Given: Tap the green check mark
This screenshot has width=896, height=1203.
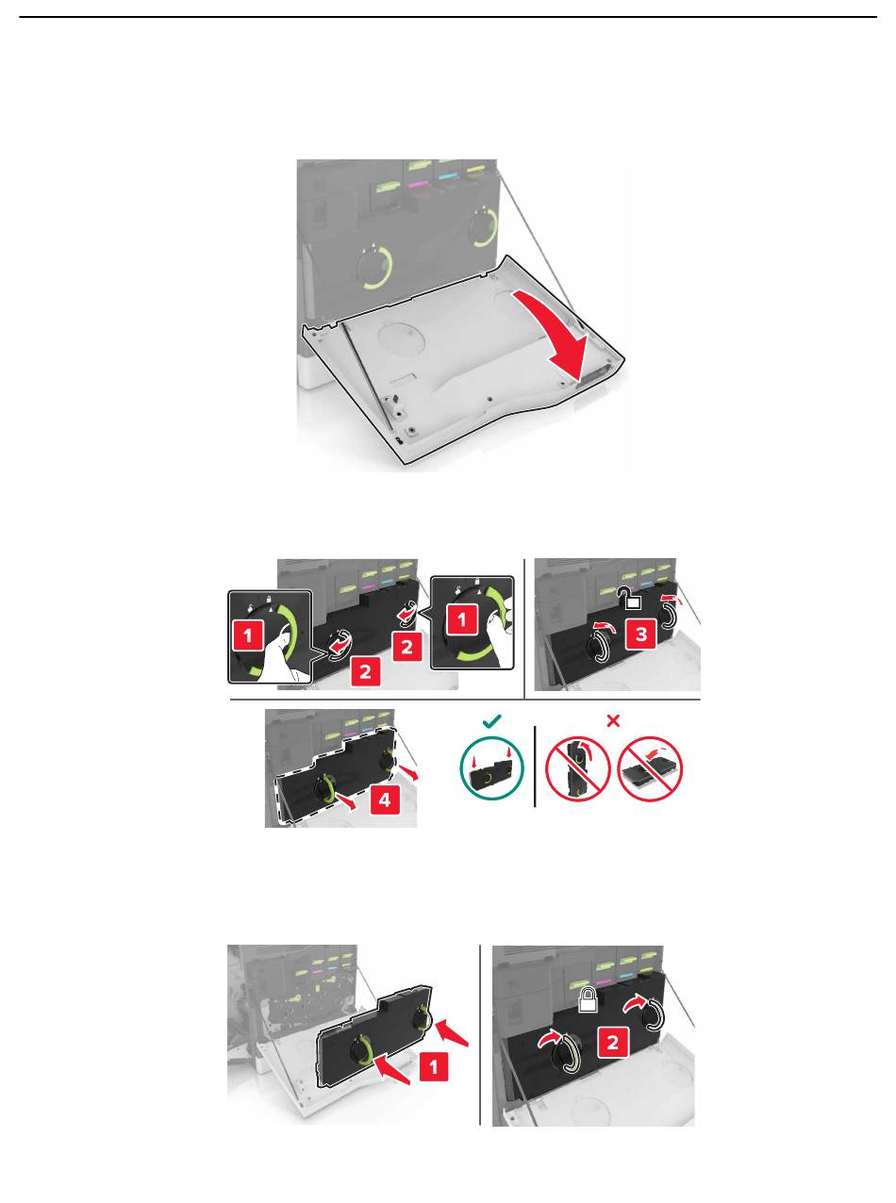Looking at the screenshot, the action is coord(491,721).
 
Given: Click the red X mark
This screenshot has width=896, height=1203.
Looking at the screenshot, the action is coord(613,721).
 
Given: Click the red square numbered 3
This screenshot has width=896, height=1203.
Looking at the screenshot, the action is coord(641,634).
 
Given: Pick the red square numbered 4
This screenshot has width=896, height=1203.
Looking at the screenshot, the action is coord(384,799).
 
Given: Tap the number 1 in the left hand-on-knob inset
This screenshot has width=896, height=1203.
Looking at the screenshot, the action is coord(248,634).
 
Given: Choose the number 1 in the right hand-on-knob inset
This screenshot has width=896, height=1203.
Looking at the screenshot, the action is coord(462,618).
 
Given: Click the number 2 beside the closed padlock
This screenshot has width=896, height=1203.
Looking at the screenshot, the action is coord(613,1042).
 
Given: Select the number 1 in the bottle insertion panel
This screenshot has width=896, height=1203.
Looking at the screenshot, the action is coord(433,1067).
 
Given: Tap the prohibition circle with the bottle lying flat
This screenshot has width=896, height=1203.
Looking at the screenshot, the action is coord(650,768).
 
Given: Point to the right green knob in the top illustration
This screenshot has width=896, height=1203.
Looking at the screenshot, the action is coord(483,228).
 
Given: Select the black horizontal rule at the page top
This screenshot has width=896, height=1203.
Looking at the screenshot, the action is coord(448,17).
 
